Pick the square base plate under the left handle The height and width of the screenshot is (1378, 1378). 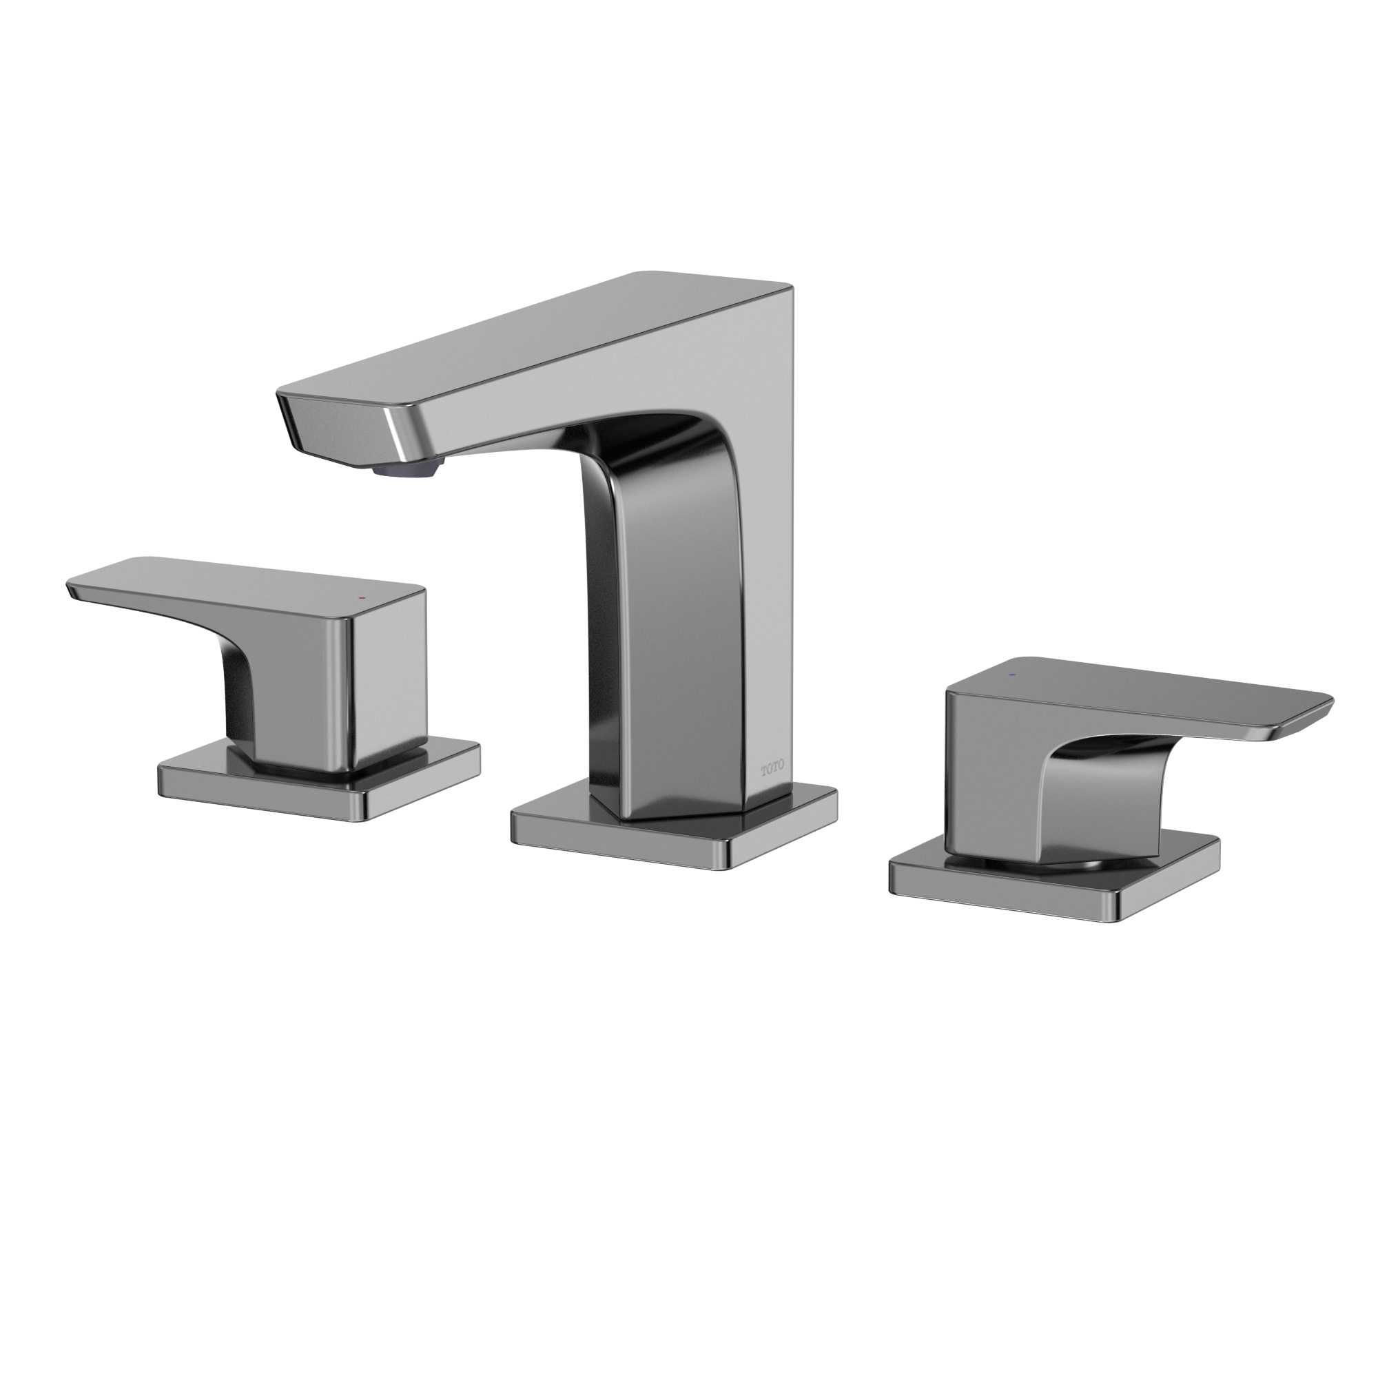coord(320,782)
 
